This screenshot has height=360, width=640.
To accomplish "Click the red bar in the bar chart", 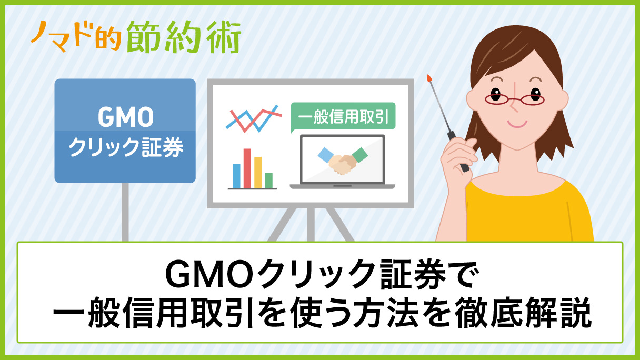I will coord(247,168).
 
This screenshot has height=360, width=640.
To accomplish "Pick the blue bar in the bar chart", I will coord(236,176).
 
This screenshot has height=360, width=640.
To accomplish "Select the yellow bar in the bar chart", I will coord(258,172).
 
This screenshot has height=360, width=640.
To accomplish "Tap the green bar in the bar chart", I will coord(268,180).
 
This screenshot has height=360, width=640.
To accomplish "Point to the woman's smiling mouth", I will coord(518,123).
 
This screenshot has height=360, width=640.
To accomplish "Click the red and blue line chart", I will coord(252,119).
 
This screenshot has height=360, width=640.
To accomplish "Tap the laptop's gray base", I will coord(342,186).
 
